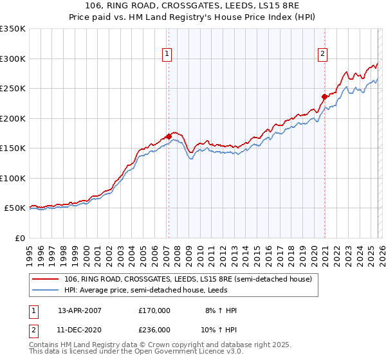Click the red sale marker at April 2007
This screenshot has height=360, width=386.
(x=169, y=136)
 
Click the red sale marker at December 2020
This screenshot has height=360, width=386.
(x=324, y=97)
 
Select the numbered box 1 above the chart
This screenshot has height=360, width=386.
(x=167, y=54)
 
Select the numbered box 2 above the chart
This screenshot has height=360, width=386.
(x=322, y=54)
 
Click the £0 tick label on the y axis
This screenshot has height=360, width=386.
(x=19, y=238)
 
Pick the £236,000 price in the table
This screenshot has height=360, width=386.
(x=154, y=330)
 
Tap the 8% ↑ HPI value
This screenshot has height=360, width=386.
(x=221, y=310)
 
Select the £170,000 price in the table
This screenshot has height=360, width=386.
(x=154, y=310)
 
